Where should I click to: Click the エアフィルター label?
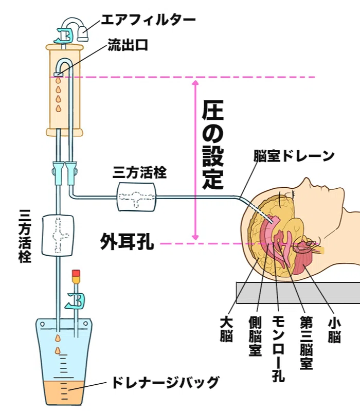[148, 21]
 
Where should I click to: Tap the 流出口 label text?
[128, 45]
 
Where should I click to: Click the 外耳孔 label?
[127, 243]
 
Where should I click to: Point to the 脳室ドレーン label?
[294, 156]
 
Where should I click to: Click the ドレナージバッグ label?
[165, 382]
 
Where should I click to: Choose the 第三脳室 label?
[306, 343]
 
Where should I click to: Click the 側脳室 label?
[255, 336]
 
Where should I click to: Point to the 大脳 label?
[226, 330]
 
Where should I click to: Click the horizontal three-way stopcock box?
[136, 196]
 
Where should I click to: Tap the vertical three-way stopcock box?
[58, 235]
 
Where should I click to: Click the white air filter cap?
[84, 34]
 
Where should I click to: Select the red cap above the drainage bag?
[76, 273]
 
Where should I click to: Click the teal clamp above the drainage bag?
[77, 300]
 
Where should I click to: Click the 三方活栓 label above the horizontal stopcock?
[140, 173]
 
